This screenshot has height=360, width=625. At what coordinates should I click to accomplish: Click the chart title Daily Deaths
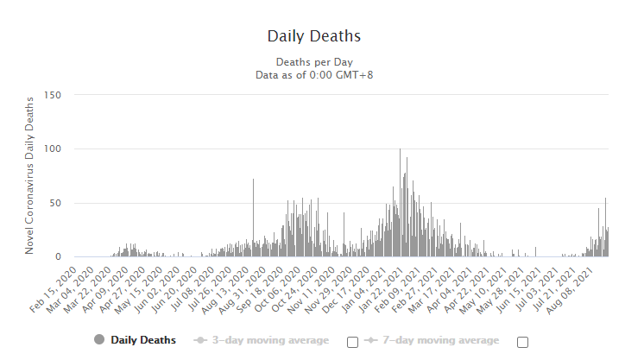coord(313,36)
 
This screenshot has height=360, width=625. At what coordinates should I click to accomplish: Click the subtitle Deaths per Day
coord(313,61)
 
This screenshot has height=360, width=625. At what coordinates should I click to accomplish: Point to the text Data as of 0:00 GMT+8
coord(313,74)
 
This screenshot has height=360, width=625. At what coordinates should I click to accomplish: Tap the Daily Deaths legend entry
coord(143,340)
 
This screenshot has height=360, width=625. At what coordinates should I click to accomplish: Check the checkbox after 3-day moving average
coord(352,342)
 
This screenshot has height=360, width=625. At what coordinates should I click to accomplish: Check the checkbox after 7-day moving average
coord(522,342)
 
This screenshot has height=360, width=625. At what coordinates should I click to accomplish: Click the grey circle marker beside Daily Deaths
coord(99,340)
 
